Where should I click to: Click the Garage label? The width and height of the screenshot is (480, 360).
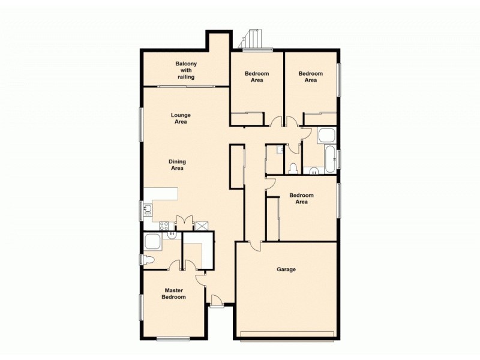coord(286,269)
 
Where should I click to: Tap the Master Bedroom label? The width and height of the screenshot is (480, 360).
coord(175,293)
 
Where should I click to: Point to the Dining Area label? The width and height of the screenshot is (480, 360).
coord(176,164)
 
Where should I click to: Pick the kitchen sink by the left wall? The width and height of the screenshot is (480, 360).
coord(148,209)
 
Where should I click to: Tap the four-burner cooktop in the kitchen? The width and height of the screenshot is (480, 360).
coord(164,226)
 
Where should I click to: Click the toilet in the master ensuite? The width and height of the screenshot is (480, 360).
coord(147,259)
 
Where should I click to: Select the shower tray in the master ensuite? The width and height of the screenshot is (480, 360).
coord(154,242)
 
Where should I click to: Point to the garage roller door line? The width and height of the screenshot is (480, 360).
coord(286,333)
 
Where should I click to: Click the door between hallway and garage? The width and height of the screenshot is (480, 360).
coord(256,245)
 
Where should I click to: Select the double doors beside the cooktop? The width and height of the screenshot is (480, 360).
coord(184,222)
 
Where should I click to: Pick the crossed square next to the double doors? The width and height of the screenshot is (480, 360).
coord(202,226)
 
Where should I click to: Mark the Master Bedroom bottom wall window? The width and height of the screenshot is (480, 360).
coord(173,339)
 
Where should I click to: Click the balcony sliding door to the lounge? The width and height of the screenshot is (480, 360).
coord(186,86)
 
